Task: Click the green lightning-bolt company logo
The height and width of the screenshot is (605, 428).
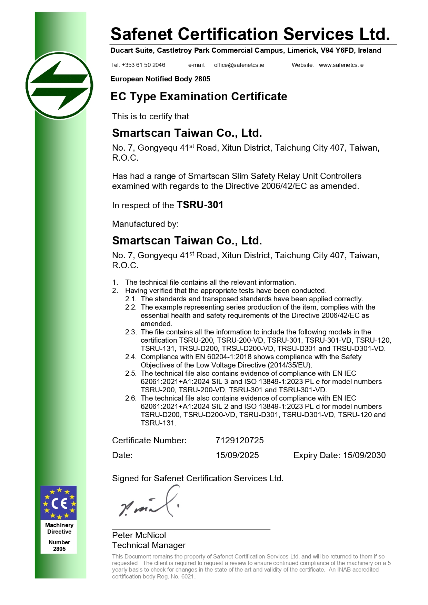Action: click(59, 85)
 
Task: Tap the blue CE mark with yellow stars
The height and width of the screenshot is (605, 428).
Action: click(59, 503)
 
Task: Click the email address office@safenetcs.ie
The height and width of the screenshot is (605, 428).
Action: click(239, 65)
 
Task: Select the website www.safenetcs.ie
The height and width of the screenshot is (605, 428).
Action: click(341, 65)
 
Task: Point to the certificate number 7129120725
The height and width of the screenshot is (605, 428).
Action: click(239, 441)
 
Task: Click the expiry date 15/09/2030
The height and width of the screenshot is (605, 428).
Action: click(364, 455)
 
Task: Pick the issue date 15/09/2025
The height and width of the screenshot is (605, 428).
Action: click(237, 455)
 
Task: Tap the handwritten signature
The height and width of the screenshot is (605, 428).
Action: click(149, 503)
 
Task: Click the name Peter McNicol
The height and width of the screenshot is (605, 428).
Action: click(139, 535)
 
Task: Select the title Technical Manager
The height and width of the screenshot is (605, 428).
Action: click(149, 545)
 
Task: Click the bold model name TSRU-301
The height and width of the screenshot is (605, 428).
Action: click(200, 205)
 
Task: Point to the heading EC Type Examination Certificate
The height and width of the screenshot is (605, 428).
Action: click(199, 97)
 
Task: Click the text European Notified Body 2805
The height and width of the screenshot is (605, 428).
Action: click(160, 79)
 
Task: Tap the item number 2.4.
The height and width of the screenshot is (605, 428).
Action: click(131, 357)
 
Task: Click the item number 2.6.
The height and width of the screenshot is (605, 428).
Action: click(131, 398)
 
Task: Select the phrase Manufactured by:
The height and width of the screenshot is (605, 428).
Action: click(145, 224)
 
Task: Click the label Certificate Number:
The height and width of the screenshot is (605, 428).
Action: click(149, 441)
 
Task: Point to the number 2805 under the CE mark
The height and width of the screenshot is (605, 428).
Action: click(59, 549)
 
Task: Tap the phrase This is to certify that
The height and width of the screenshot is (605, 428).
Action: click(150, 117)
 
